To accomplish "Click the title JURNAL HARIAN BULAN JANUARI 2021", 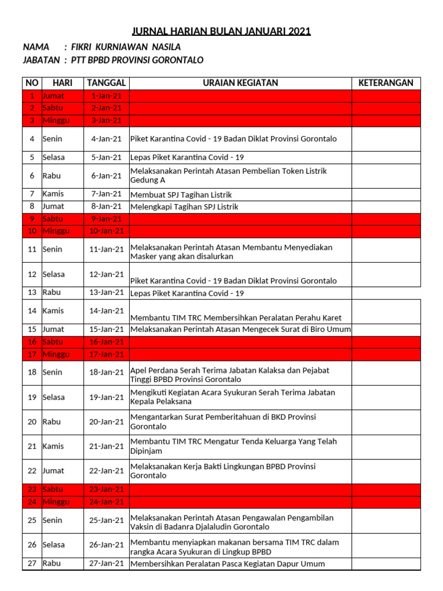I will (221, 31).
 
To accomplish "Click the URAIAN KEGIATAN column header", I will (240, 83).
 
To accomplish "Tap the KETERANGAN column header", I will (386, 83).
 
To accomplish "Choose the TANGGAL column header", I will (106, 83).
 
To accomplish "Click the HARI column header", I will (62, 83).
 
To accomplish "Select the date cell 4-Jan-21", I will (106, 139).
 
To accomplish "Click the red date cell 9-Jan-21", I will (106, 219).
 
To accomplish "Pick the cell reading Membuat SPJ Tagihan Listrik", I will (182, 195).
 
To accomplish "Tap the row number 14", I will (32, 311).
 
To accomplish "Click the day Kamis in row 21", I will (53, 446).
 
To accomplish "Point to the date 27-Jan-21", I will (106, 563).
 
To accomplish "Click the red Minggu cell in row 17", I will (56, 354).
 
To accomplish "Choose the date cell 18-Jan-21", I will (106, 373).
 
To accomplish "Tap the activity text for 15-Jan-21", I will (240, 330).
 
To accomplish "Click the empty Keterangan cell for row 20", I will (386, 422).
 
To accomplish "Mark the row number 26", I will (32, 545).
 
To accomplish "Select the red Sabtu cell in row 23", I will (53, 489).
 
